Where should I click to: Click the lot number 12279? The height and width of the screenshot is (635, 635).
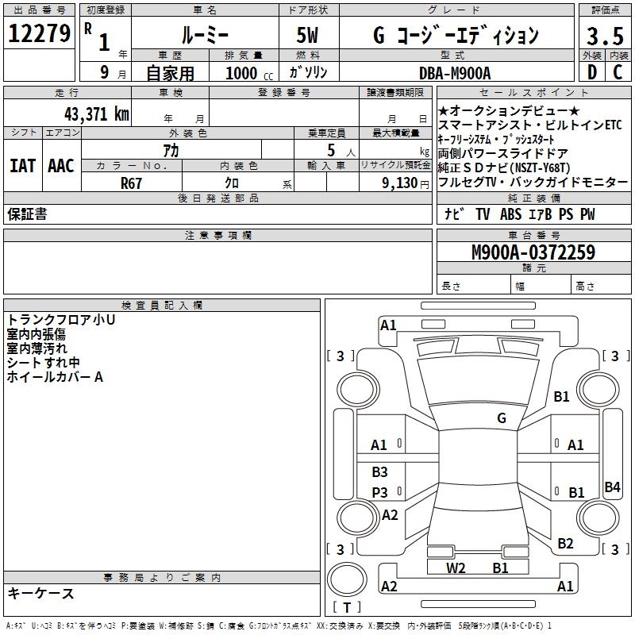click(x=39, y=33)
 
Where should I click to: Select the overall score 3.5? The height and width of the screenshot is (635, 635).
click(x=603, y=36)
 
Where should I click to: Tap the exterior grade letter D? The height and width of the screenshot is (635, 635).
click(x=591, y=72)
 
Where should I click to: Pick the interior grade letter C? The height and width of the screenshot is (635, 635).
click(x=618, y=72)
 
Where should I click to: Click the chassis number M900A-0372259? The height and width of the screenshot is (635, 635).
click(x=533, y=252)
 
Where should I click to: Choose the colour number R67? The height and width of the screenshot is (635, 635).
click(x=131, y=183)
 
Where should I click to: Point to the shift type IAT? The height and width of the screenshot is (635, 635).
click(x=21, y=166)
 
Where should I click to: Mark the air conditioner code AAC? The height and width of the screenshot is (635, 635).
click(x=60, y=166)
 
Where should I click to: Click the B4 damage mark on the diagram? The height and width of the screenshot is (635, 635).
click(x=612, y=487)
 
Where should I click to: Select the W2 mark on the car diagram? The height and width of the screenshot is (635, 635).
click(x=456, y=567)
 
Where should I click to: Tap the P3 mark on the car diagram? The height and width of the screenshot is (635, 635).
click(x=380, y=492)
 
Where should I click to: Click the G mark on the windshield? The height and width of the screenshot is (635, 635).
click(x=501, y=418)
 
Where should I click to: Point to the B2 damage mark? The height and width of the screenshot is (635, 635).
click(x=565, y=543)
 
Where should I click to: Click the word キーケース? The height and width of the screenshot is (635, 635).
click(x=40, y=593)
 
